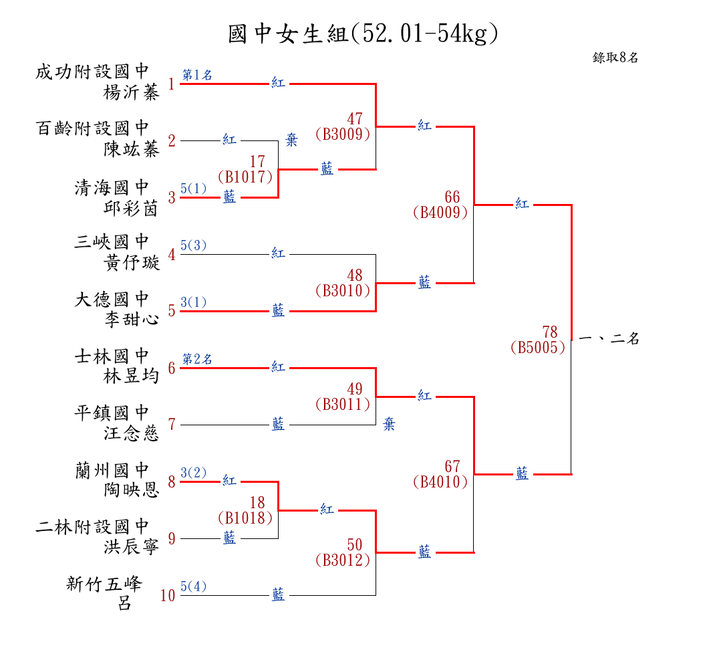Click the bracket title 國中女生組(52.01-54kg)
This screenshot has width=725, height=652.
coord(363,33)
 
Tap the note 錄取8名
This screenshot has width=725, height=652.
coord(615,58)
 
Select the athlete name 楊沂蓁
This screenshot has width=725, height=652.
coord(132,93)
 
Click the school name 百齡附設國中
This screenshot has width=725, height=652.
coord(92,128)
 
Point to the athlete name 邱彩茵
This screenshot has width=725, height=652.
coord(132,208)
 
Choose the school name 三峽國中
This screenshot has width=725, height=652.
coord(112,242)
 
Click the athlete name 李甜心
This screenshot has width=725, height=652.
coord(132,320)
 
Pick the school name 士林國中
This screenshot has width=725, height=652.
coord(112,356)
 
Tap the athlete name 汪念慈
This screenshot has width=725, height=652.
coord(132,433)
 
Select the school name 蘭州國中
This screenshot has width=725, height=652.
coord(112,470)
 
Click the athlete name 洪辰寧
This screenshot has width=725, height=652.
coord(132,547)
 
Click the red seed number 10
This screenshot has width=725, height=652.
coord(168,595)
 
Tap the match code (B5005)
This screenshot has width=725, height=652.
coord(537,348)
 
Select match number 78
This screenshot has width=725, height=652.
coord(549,332)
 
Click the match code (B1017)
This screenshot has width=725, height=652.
coord(245,177)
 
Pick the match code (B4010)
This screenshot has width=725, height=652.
coord(440,481)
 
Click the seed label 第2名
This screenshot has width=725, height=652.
coord(198,360)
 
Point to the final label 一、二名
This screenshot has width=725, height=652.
coord(609,339)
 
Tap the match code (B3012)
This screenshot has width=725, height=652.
coord(342,560)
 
